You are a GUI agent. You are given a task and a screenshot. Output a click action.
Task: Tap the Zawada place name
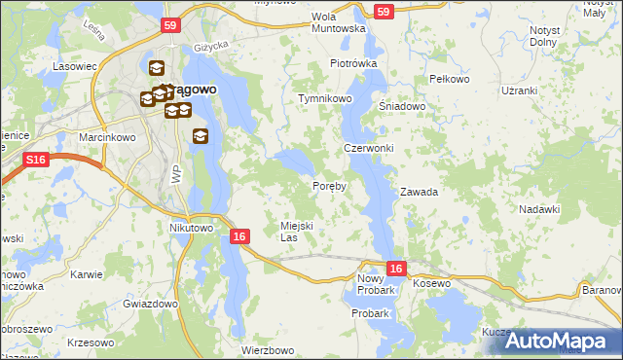[419, 192]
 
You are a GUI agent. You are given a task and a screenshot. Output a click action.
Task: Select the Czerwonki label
[368, 148]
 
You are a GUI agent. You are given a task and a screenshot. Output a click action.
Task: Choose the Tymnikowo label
[324, 99]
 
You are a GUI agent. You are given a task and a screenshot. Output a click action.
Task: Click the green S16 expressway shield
[37, 160]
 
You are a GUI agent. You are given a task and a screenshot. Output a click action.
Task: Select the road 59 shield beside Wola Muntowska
[384, 12]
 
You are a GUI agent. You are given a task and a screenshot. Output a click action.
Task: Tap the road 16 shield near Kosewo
[394, 268]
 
